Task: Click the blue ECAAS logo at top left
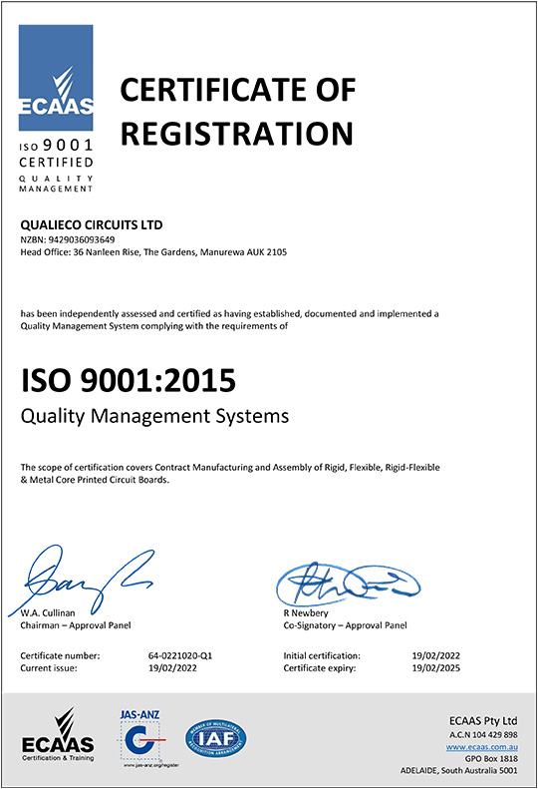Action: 57,75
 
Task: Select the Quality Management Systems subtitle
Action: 154,414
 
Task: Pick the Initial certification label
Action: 322,655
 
